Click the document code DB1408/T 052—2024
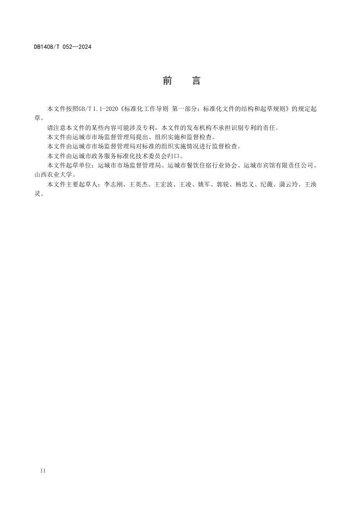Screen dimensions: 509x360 coord(63,47)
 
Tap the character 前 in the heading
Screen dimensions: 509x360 coord(167,81)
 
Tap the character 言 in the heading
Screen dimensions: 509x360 coord(196,81)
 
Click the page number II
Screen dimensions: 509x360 coord(43,470)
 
